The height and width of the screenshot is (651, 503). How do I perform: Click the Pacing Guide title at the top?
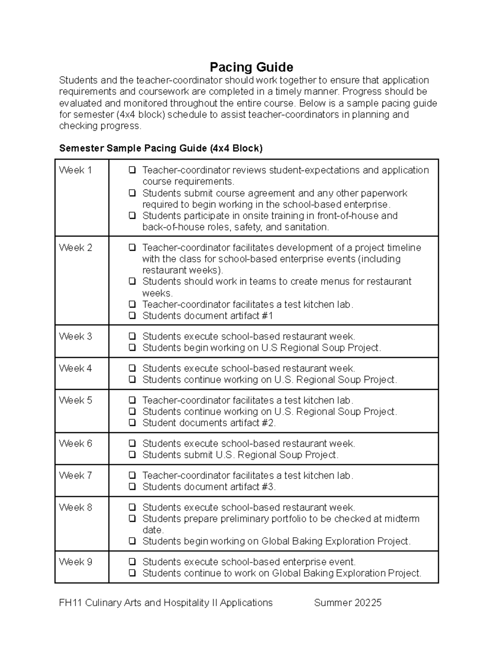pyautogui.click(x=251, y=67)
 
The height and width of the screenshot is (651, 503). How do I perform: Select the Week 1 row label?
pyautogui.click(x=75, y=170)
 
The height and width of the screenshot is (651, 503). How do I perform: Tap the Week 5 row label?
pyautogui.click(x=75, y=400)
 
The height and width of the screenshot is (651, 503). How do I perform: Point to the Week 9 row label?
pyautogui.click(x=75, y=562)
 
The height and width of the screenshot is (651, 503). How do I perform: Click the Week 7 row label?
pyautogui.click(x=75, y=475)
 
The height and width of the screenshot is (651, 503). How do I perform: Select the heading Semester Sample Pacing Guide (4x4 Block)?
pyautogui.click(x=161, y=148)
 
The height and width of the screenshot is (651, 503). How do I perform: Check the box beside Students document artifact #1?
pyautogui.click(x=132, y=316)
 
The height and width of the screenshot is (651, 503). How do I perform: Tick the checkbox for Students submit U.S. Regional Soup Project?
pyautogui.click(x=132, y=455)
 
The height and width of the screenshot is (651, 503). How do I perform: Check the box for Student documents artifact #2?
pyautogui.click(x=132, y=423)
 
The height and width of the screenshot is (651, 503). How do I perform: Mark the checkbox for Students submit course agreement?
pyautogui.click(x=132, y=193)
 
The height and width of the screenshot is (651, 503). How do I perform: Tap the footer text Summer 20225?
pyautogui.click(x=347, y=603)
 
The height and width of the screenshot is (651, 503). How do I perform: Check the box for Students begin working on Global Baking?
pyautogui.click(x=132, y=541)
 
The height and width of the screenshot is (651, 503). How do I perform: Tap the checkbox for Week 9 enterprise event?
pyautogui.click(x=132, y=562)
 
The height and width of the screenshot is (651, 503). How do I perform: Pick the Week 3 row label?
pyautogui.click(x=75, y=337)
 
